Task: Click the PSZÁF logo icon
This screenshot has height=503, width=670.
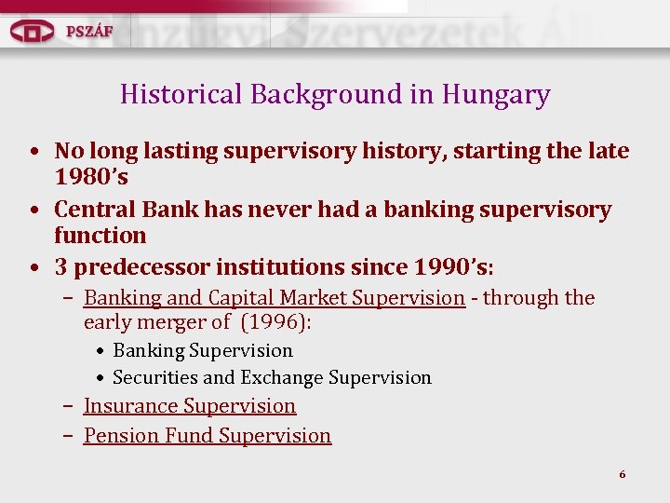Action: (33, 30)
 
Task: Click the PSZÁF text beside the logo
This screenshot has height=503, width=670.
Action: (89, 30)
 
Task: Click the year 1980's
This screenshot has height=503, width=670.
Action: (91, 177)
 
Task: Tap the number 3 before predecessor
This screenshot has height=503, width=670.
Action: (61, 267)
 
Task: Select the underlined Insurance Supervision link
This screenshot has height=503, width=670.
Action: (190, 406)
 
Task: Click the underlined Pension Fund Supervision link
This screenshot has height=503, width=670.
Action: (208, 436)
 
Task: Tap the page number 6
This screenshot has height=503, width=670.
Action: (623, 475)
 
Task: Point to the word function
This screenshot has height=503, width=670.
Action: (100, 236)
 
